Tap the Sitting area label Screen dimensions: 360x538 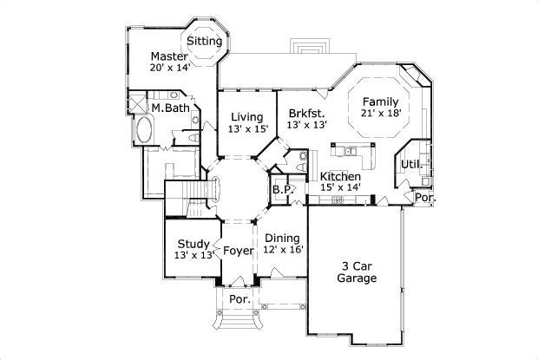tap(204, 41)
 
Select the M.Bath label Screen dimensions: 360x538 tap(170, 108)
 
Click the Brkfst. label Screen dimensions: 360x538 tap(306, 114)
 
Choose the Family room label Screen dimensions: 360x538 tap(380, 101)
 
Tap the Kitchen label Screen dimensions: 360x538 tap(340, 176)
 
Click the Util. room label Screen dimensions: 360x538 tap(411, 164)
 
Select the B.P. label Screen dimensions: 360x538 tap(281, 189)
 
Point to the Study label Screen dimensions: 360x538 tap(193, 244)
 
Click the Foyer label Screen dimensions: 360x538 tap(238, 251)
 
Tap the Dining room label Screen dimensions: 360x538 tap(282, 238)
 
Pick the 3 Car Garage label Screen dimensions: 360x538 tap(357, 273)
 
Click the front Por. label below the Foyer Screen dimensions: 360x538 tap(239, 299)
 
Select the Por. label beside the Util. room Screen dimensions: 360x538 tap(424, 197)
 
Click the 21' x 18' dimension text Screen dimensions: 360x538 tap(380, 113)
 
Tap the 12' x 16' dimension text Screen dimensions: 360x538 tap(282, 250)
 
